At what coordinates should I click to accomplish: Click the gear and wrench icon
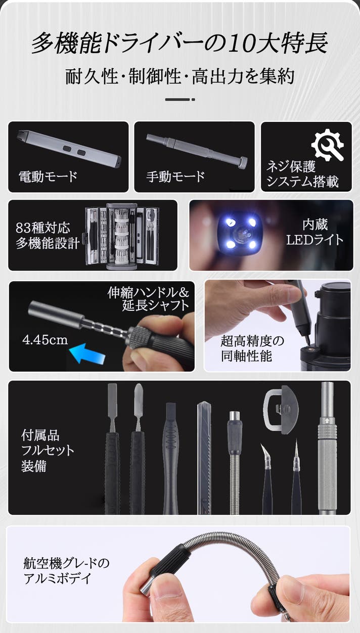328,145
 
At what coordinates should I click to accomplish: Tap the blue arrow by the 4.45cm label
87,353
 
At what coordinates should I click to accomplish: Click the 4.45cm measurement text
45,340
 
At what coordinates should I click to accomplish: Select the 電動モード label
48,177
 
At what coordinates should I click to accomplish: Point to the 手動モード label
175,177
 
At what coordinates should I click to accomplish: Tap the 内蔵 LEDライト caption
315,232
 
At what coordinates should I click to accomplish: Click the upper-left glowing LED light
231,222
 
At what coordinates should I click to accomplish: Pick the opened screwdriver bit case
121,236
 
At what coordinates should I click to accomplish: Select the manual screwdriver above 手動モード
197,151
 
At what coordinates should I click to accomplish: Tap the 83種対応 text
43,228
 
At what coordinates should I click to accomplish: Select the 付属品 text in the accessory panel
40,435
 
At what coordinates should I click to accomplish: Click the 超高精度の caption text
252,341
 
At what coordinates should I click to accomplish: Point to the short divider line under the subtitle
180,100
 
